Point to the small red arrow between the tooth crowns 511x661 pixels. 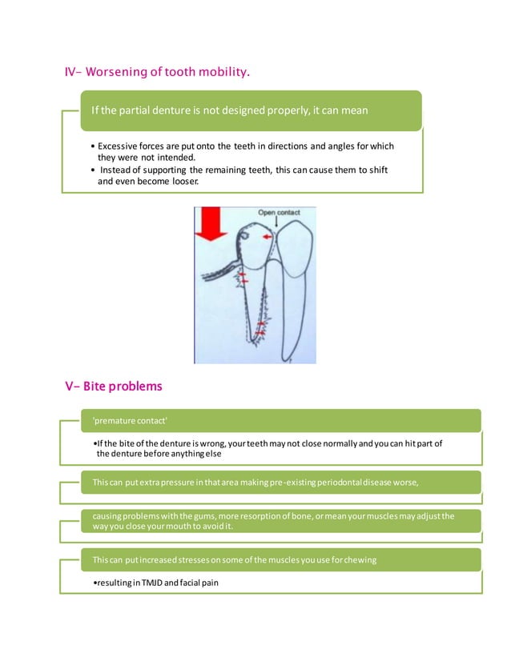click(267, 238)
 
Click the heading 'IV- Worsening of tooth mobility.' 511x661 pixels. click(157, 74)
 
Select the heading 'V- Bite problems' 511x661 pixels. click(113, 387)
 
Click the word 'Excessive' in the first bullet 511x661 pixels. click(122, 146)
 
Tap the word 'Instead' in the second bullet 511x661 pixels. click(117, 170)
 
